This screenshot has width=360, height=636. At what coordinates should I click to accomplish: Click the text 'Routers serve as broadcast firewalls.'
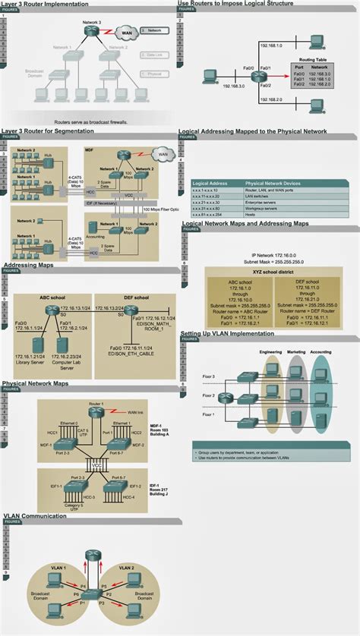click(91, 121)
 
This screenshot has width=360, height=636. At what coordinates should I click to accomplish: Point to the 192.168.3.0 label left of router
click(226, 86)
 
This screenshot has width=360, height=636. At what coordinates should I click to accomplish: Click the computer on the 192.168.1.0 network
click(317, 39)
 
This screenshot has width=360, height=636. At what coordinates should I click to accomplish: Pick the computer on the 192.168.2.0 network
click(317, 103)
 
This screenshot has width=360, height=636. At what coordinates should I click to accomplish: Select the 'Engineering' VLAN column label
click(271, 353)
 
